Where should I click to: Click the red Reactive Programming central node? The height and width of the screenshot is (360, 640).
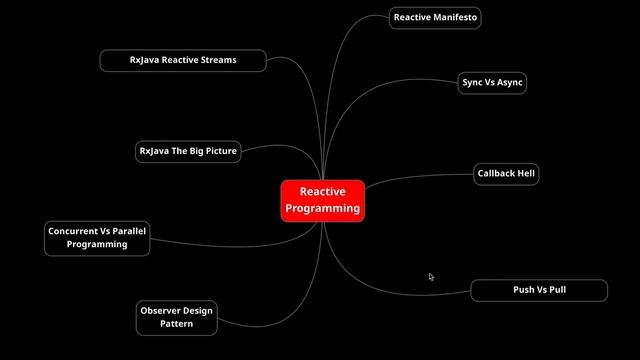coord(322,200)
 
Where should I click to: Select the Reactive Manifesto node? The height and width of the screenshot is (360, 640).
coord(435,18)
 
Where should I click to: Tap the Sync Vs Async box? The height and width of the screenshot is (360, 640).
coord(492,83)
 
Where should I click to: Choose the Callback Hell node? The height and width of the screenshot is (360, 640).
coord(506,174)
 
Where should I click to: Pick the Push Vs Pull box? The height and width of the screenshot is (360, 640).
coord(539,290)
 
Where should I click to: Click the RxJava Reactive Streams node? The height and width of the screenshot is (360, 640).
coord(183,60)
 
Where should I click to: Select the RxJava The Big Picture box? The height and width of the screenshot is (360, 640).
coord(188,152)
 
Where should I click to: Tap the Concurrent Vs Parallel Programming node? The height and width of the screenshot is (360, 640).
coord(97,238)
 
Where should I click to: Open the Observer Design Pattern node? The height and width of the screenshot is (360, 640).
coord(176,317)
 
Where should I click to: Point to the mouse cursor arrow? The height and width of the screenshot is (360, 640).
coord(431,277)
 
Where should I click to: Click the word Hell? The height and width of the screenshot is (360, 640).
coord(525,174)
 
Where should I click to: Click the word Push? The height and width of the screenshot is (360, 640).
coord(524,290)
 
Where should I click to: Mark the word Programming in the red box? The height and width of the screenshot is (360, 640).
coord(322,209)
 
